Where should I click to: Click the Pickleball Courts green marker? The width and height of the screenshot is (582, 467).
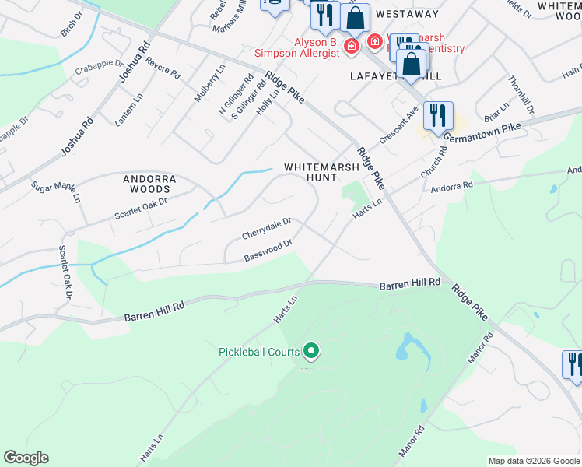311,352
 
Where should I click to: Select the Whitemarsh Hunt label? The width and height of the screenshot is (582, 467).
321,172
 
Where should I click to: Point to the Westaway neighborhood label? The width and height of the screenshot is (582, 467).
406,14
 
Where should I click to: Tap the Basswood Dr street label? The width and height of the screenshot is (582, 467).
268,250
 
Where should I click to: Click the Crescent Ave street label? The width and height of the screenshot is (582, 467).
399,125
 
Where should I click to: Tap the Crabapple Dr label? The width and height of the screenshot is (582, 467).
99,66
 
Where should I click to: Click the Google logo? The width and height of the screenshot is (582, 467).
26,458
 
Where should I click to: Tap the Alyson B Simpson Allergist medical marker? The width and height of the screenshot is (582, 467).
352,47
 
